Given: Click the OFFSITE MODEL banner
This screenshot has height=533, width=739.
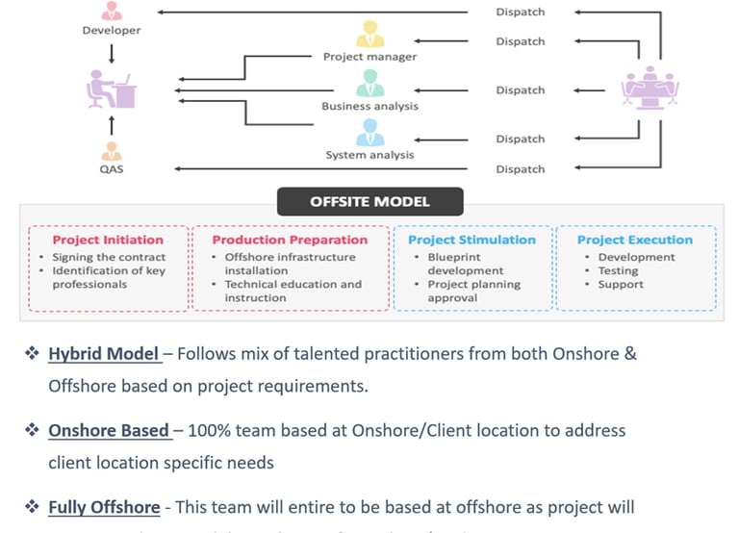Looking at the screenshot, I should [x=369, y=202].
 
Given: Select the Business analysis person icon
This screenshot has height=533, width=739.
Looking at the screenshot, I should [x=369, y=83].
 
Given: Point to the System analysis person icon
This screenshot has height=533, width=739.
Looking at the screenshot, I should [x=369, y=132].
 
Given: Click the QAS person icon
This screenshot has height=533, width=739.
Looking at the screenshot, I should [x=112, y=152].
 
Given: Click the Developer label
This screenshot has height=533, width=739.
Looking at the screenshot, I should [x=112, y=31].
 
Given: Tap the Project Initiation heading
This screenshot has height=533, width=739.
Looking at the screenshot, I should [x=108, y=240].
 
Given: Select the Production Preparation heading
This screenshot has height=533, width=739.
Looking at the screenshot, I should [x=290, y=240].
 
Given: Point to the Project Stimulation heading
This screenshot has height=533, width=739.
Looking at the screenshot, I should [x=471, y=240].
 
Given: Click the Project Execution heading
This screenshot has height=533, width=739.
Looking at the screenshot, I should [x=634, y=240].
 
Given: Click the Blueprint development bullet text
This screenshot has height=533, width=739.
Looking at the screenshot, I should [x=465, y=264].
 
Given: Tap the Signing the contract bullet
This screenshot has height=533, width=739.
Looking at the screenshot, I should [x=109, y=257].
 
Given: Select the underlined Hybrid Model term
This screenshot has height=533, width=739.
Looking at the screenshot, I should [x=104, y=354].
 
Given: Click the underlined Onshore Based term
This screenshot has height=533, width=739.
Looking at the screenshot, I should [x=109, y=430].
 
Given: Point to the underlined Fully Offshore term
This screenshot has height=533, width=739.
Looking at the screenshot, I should [x=104, y=507].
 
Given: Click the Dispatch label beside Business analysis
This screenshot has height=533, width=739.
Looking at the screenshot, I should [x=520, y=90].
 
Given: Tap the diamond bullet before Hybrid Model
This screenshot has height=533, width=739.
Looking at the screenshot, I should [x=32, y=354].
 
